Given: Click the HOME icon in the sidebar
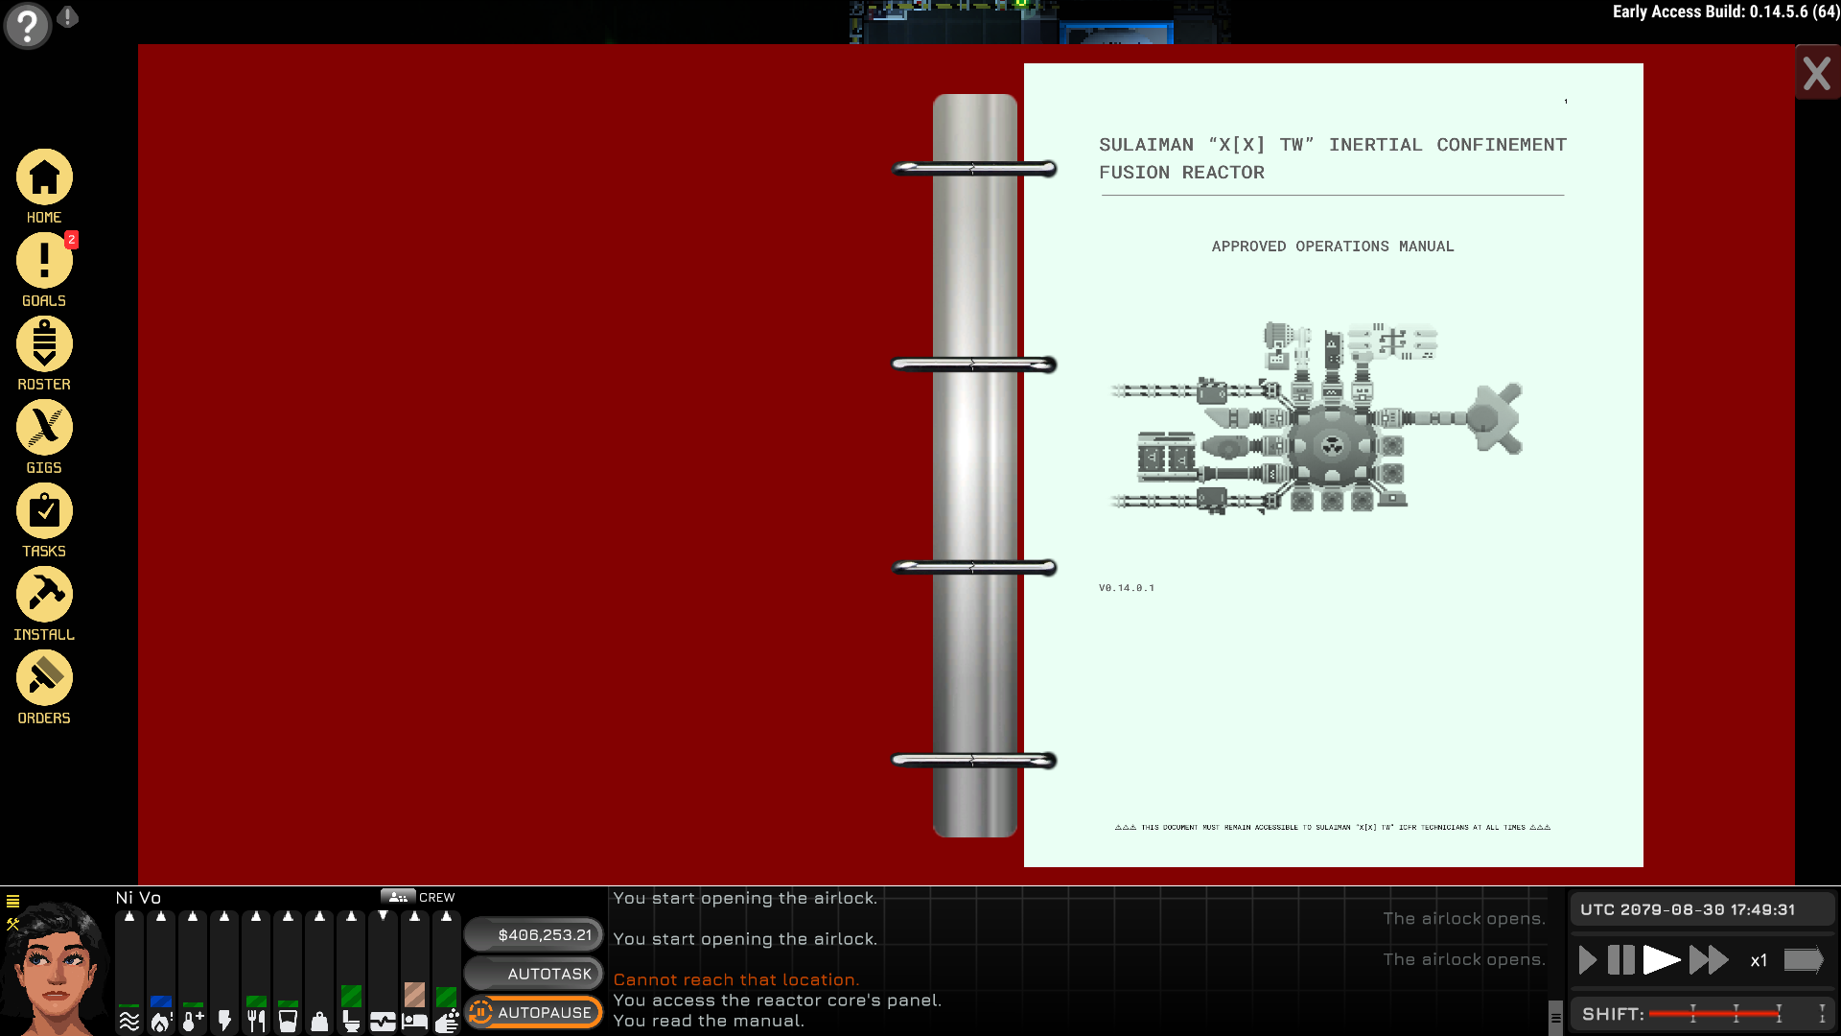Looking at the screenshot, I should [44, 178].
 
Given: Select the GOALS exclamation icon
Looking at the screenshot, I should [44, 261].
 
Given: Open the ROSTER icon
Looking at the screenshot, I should [44, 344].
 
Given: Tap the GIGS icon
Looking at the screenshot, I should [44, 428].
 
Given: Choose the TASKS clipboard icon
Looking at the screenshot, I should [44, 511].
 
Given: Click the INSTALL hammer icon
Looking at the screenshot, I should [44, 595].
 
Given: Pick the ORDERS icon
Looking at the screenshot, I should [44, 678].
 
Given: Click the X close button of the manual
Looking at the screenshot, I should [1816, 74].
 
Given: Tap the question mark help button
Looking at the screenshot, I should [27, 25].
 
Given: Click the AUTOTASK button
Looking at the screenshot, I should [534, 974].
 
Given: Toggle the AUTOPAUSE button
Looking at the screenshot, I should [534, 1012].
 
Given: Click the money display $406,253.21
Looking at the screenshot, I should [534, 934].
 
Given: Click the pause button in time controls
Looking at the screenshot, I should [1620, 960].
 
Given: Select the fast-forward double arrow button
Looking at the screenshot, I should [1709, 960].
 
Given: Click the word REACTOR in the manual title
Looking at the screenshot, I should [1223, 173].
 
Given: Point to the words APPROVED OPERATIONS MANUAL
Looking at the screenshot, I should [1332, 247].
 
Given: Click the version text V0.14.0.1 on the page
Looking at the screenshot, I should [1127, 588].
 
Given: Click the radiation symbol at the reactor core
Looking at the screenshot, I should [1332, 445].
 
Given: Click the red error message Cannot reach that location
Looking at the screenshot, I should [735, 979].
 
